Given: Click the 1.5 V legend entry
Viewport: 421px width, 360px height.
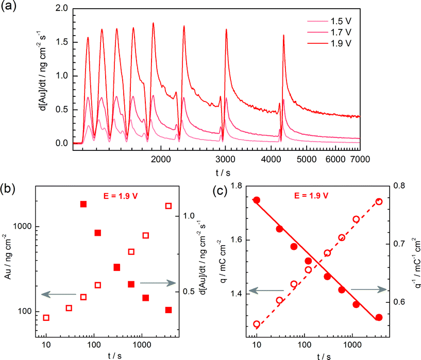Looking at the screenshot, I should (x=341, y=22).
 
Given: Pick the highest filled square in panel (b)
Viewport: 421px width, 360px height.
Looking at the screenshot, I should (x=83, y=204).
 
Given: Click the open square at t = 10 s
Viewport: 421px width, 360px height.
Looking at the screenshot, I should (x=46, y=318).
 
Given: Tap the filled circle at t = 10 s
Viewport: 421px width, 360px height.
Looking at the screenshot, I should (x=256, y=200).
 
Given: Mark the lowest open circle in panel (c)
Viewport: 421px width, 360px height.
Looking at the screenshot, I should (x=256, y=324).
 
